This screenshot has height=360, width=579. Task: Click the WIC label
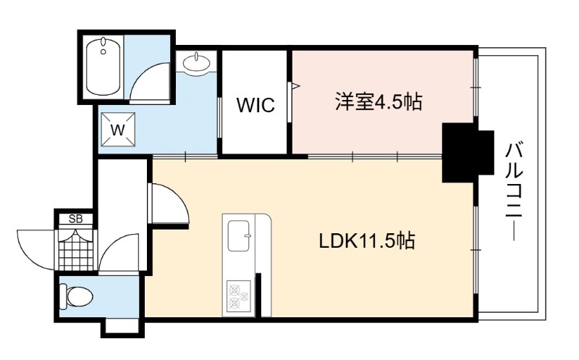click(x=255, y=104)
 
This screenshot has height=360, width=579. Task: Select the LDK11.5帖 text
click(x=367, y=240)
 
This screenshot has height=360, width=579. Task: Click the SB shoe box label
click(x=76, y=219)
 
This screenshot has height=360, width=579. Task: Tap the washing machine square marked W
click(x=118, y=130)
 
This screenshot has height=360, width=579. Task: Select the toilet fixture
click(x=76, y=296)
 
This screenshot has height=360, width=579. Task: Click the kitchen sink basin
click(x=239, y=236)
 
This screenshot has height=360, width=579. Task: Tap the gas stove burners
click(x=239, y=295)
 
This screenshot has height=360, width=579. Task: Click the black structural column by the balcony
click(x=468, y=153)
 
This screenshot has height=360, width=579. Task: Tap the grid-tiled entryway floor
click(x=77, y=251)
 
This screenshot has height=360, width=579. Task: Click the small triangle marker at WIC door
click(x=296, y=86)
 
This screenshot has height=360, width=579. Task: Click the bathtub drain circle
click(x=103, y=51)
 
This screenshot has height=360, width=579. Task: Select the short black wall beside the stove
click(x=258, y=295)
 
